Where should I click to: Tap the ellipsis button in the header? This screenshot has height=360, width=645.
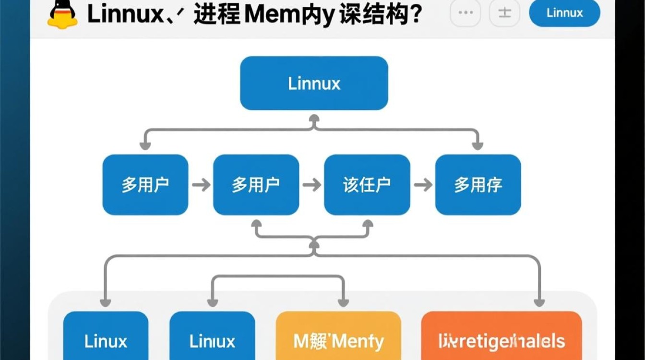pos(465,13)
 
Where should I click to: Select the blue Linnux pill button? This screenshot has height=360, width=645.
pos(564,13)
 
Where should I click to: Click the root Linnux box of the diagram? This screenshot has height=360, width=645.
pos(314,83)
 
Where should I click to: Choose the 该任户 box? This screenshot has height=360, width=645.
pos(367,185)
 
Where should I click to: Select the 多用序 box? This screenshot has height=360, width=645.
pos(478,185)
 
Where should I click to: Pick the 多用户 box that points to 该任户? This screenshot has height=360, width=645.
pos(256,185)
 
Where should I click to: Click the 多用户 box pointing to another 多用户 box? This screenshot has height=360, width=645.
pos(145,185)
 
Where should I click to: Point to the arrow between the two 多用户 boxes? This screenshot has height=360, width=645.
pos(201,185)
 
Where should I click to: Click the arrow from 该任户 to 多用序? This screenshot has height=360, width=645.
pos(423,185)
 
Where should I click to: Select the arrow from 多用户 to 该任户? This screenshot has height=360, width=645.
pos(312,185)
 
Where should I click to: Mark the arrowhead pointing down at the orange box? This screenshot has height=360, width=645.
pos(539,302)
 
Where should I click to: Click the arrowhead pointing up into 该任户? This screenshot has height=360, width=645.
pos(368,224)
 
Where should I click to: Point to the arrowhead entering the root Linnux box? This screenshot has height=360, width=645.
pos(314,118)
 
